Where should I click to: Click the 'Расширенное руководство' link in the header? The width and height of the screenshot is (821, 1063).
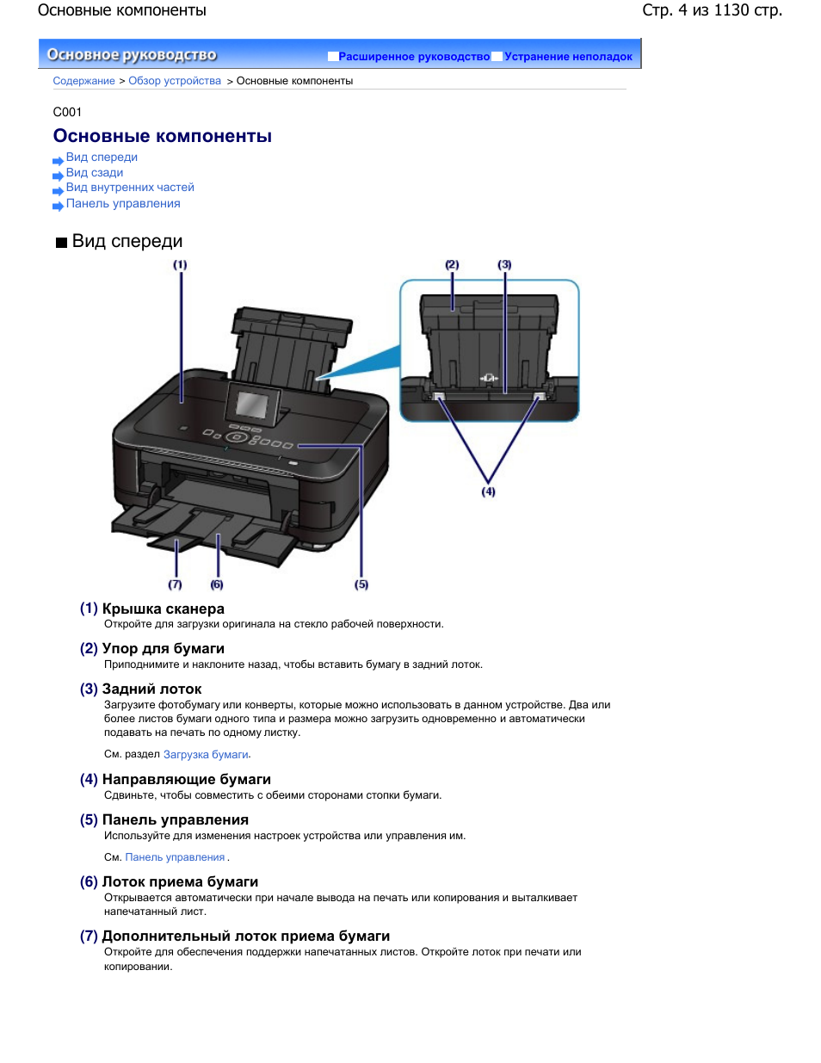(x=414, y=57)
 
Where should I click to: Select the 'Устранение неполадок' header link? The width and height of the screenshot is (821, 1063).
(x=568, y=57)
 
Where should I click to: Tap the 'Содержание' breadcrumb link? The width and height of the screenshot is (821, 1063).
(x=83, y=81)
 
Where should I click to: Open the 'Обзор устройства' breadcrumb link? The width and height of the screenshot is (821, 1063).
(x=175, y=81)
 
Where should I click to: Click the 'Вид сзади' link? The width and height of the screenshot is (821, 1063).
(x=95, y=172)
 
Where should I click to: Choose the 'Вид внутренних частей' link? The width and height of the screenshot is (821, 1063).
(x=130, y=188)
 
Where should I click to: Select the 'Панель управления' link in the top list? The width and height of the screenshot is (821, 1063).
(x=123, y=204)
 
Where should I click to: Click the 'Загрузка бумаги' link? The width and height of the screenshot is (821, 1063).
(x=206, y=755)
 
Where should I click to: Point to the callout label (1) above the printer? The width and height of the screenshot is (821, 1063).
(x=180, y=265)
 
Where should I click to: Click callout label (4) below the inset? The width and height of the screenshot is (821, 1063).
(x=488, y=491)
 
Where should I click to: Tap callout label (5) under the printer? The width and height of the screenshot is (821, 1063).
(x=361, y=584)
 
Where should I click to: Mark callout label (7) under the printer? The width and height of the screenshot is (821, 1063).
(x=176, y=584)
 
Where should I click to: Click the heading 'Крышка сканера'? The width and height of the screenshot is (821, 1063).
(x=163, y=609)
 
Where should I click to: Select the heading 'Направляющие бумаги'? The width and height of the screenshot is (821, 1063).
(x=186, y=779)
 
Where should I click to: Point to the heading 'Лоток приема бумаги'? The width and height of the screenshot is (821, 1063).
(x=180, y=881)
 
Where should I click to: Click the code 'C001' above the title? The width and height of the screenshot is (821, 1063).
(x=67, y=112)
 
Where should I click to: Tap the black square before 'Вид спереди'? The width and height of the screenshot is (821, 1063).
(x=61, y=243)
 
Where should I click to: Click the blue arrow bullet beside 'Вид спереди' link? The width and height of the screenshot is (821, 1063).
(x=58, y=160)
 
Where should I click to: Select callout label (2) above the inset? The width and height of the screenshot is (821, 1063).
(x=452, y=265)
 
